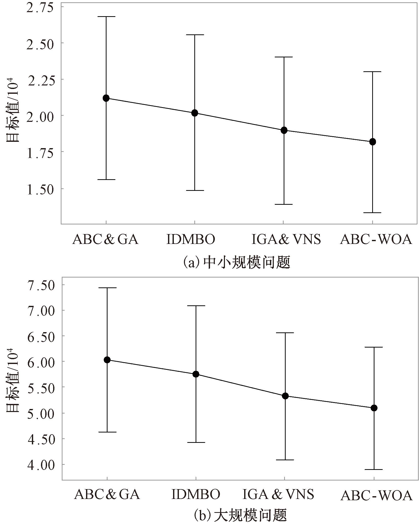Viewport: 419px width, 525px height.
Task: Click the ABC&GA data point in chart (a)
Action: pyautogui.click(x=106, y=98)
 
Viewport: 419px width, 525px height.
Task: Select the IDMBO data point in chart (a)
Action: pyautogui.click(x=195, y=113)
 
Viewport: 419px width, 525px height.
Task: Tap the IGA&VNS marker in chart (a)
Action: pyautogui.click(x=284, y=130)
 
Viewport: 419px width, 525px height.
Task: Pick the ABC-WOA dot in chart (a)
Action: pyautogui.click(x=372, y=142)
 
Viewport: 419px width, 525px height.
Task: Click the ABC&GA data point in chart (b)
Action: pyautogui.click(x=107, y=360)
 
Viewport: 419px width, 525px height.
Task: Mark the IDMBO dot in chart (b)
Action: pyautogui.click(x=196, y=374)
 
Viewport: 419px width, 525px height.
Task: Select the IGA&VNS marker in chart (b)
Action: pyautogui.click(x=285, y=396)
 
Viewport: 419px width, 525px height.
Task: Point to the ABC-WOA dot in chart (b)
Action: pyautogui.click(x=374, y=408)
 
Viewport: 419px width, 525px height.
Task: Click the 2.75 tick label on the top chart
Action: pyautogui.click(x=40, y=7)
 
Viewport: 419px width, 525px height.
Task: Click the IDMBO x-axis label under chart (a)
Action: pyautogui.click(x=191, y=239)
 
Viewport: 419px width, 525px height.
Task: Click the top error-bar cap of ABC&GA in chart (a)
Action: pyautogui.click(x=106, y=17)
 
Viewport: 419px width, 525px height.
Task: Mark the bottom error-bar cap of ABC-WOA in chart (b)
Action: pyautogui.click(x=374, y=469)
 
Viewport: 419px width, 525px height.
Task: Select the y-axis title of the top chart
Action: pyautogui.click(x=13, y=112)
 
